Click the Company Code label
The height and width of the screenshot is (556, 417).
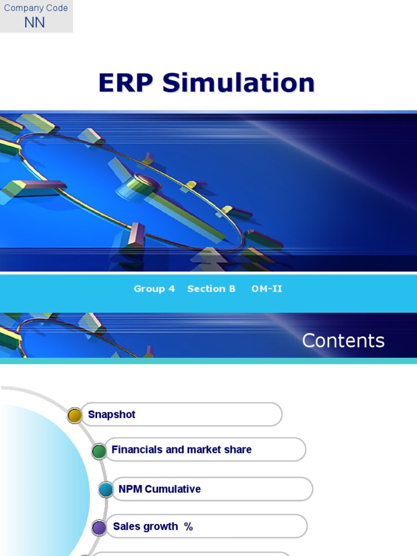click(x=36, y=8)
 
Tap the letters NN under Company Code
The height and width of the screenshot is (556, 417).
click(x=35, y=23)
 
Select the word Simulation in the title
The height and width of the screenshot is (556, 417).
click(x=238, y=83)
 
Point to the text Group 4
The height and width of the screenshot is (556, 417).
click(x=154, y=289)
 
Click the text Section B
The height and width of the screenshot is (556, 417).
click(x=211, y=289)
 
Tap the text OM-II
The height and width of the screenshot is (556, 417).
click(x=267, y=289)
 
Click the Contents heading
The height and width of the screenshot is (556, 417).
click(x=343, y=340)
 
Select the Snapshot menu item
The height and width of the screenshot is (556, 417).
click(x=111, y=415)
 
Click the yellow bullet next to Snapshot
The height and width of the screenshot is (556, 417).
click(x=75, y=416)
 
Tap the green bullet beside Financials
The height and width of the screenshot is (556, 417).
click(x=99, y=451)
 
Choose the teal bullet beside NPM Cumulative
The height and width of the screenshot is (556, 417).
click(x=106, y=490)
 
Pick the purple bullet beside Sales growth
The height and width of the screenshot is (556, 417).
click(x=99, y=528)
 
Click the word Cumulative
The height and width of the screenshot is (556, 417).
click(x=173, y=489)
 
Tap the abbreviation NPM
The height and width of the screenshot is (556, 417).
click(x=130, y=489)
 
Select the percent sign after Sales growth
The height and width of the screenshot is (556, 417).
click(x=188, y=527)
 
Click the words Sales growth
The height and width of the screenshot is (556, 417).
click(x=145, y=527)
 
